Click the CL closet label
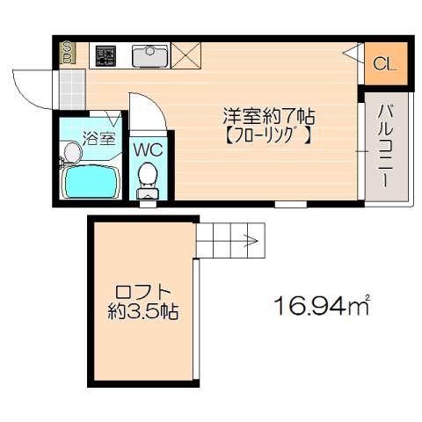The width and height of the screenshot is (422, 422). pyautogui.click(x=385, y=63)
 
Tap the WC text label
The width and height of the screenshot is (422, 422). pyautogui.click(x=148, y=149)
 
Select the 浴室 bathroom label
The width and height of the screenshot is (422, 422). pyautogui.click(x=98, y=138)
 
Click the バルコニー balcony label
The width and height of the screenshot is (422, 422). pyautogui.click(x=385, y=147)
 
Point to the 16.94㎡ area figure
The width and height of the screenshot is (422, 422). pyautogui.click(x=322, y=306)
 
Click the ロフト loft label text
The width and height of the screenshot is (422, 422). pyautogui.click(x=143, y=292)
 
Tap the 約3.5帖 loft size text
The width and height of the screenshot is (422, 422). pyautogui.click(x=143, y=311)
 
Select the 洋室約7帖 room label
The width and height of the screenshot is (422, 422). pyautogui.click(x=269, y=117)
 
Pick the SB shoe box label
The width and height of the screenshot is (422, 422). pyautogui.click(x=68, y=53)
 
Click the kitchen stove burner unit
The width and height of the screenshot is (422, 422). pyautogui.click(x=105, y=55)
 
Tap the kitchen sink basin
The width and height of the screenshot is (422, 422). pyautogui.click(x=150, y=55)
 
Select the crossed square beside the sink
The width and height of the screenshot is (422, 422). pyautogui.click(x=186, y=55)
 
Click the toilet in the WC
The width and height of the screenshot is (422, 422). pyautogui.click(x=148, y=180)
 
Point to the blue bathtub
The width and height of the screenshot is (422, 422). pyautogui.click(x=91, y=181)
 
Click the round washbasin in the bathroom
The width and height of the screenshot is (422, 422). pyautogui.click(x=73, y=152)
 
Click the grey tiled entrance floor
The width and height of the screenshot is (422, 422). pyautogui.click(x=72, y=90)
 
